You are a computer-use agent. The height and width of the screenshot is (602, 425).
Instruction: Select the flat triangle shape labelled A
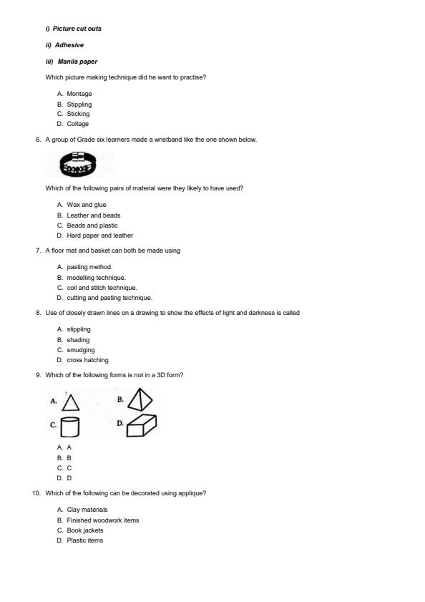click(71, 401)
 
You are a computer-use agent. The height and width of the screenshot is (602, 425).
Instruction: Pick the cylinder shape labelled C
click(69, 427)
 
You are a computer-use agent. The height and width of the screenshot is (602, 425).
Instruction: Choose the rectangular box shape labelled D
click(142, 425)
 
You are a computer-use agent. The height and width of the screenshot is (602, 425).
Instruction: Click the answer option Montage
click(79, 94)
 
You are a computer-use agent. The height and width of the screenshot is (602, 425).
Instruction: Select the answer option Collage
click(77, 124)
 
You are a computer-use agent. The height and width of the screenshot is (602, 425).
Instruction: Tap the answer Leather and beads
click(93, 215)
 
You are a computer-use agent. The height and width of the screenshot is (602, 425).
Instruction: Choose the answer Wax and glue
click(86, 205)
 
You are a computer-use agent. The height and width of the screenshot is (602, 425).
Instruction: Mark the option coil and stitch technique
click(102, 288)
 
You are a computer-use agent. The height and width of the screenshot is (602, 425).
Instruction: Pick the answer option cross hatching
click(87, 360)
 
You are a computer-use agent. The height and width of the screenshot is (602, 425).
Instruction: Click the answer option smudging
click(80, 350)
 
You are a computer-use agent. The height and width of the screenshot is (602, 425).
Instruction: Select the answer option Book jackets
click(84, 530)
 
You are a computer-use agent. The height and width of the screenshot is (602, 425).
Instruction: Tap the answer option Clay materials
click(87, 510)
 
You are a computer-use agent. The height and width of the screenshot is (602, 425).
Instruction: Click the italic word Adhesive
click(69, 45)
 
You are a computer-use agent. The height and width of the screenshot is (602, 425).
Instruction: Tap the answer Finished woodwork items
click(103, 520)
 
